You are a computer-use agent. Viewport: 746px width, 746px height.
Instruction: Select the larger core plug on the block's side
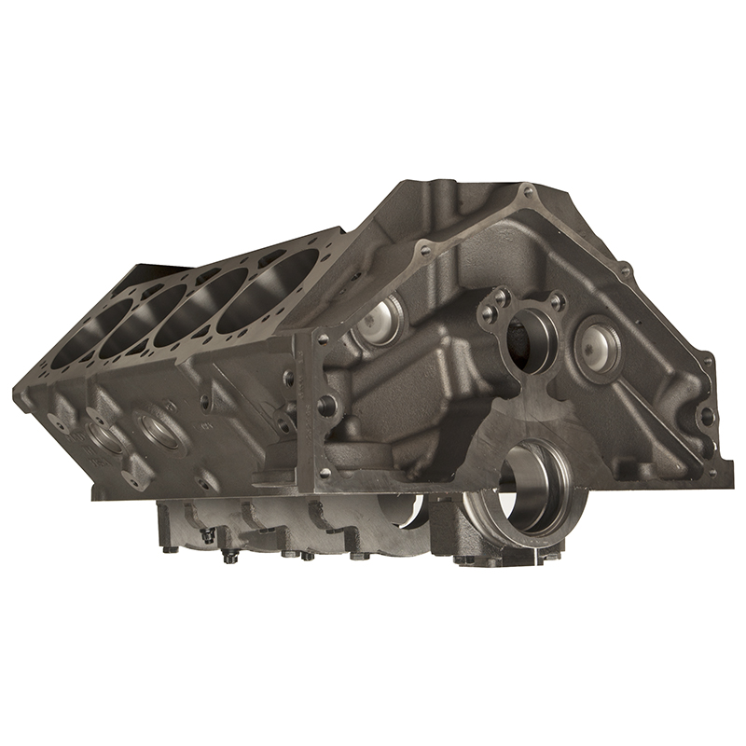pyautogui.click(x=153, y=425)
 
